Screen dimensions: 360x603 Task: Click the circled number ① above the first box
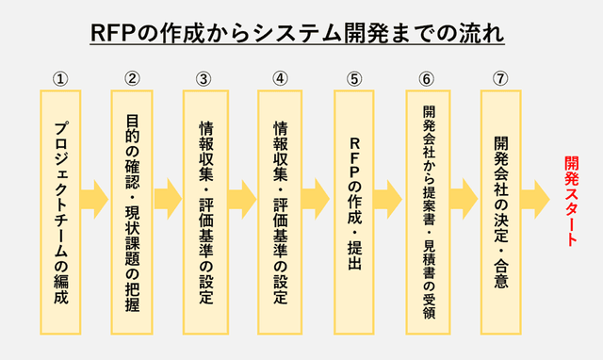tap(60, 78)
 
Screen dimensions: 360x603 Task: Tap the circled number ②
tap(133, 78)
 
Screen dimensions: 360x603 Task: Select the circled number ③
tap(204, 78)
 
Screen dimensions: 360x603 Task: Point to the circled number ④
tap(280, 78)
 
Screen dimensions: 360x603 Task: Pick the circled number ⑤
tap(353, 78)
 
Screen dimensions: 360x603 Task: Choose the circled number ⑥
tap(427, 78)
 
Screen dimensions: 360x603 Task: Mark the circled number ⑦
tap(499, 78)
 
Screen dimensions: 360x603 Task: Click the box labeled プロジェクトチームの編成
tap(60, 212)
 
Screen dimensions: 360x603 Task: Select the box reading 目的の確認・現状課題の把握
tap(133, 212)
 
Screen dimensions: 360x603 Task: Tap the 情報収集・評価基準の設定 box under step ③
tap(205, 212)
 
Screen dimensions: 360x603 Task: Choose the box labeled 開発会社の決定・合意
tap(500, 212)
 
